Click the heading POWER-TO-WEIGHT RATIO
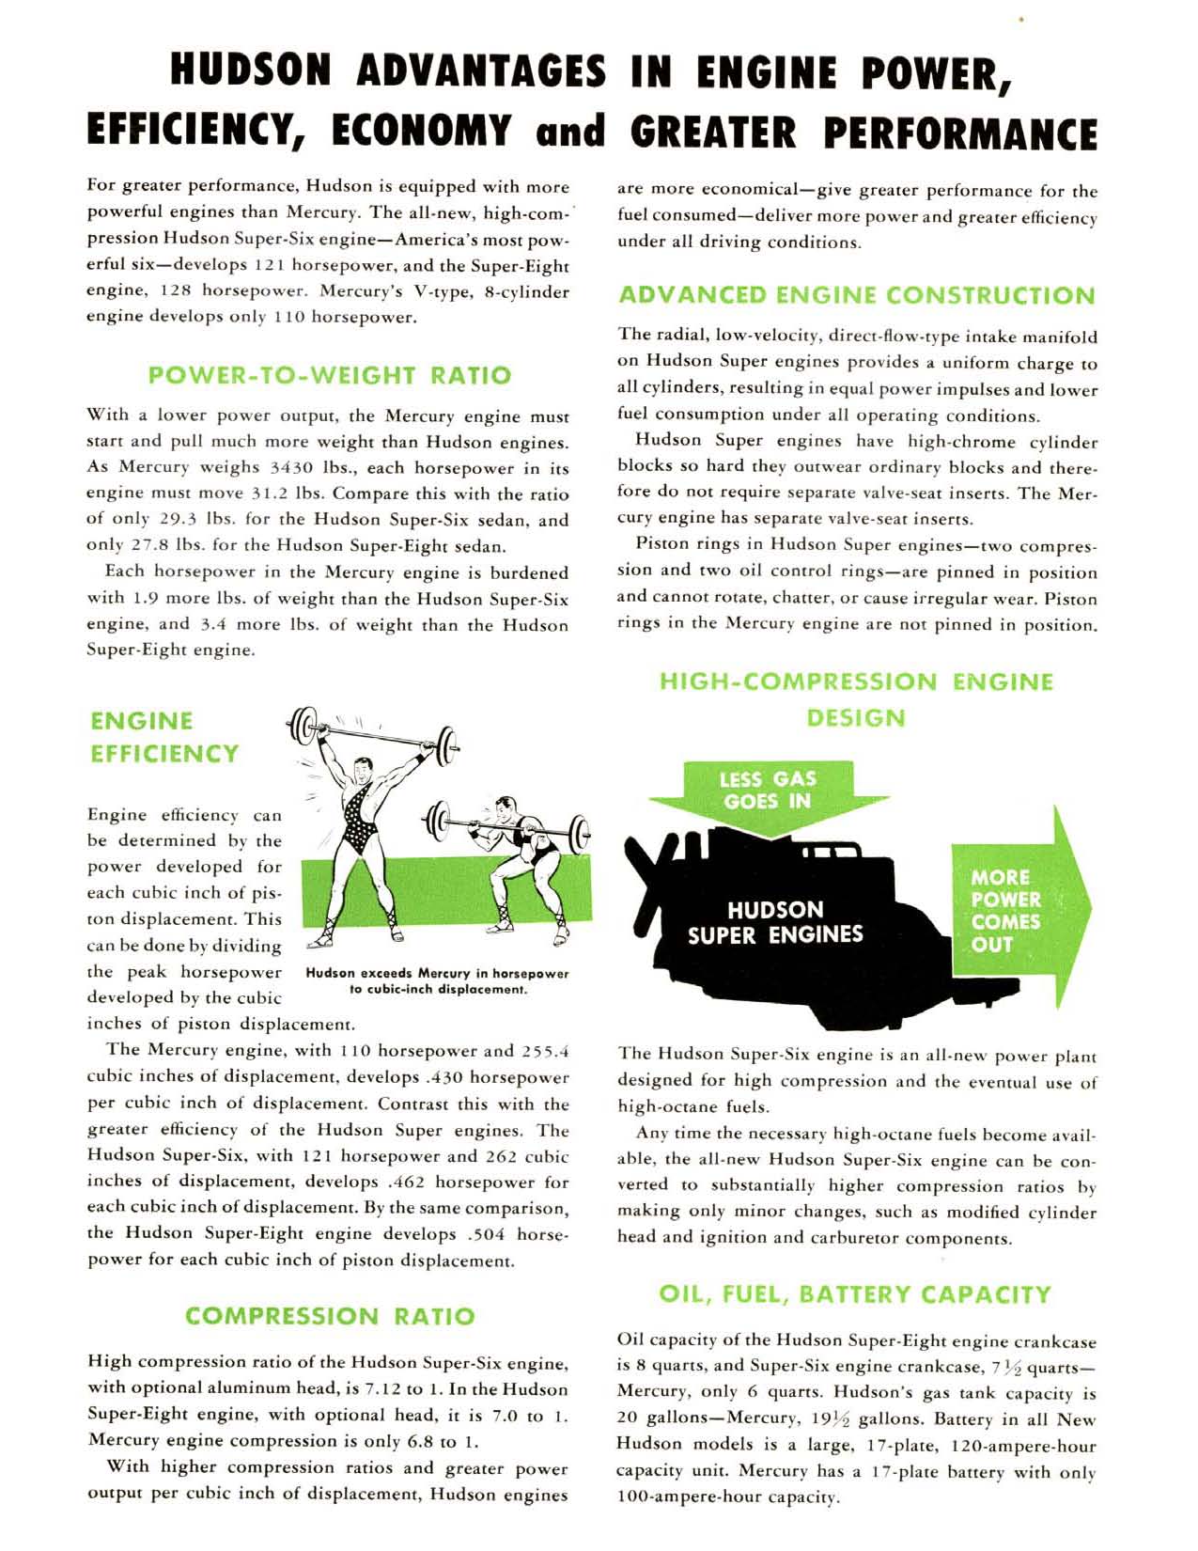(330, 376)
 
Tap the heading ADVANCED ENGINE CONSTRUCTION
(857, 296)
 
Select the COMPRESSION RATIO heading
(330, 1316)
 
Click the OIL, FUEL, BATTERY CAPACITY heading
(855, 1294)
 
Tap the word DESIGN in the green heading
(856, 718)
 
